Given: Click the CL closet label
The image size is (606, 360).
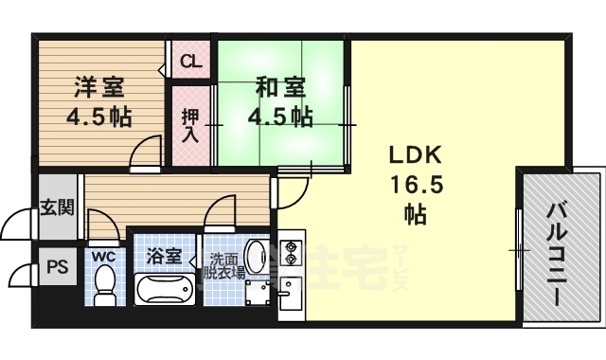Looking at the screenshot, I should [191, 63].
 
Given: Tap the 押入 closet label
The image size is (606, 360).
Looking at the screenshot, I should [190, 124].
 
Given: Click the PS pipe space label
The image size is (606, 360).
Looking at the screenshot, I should [57, 268].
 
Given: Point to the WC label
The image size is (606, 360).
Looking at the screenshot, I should [103, 256].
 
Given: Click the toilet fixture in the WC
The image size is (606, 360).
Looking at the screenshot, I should [104, 283].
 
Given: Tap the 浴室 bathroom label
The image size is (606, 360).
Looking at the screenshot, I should [163, 256].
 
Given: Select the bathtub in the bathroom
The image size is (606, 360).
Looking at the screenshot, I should [163, 289].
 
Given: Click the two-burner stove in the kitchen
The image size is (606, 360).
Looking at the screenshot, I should [291, 253].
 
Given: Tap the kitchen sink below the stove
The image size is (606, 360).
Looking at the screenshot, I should [290, 299].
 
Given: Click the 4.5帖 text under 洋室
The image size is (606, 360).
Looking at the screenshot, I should [98, 118].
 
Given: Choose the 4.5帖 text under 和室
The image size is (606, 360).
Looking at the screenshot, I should [279, 117].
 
